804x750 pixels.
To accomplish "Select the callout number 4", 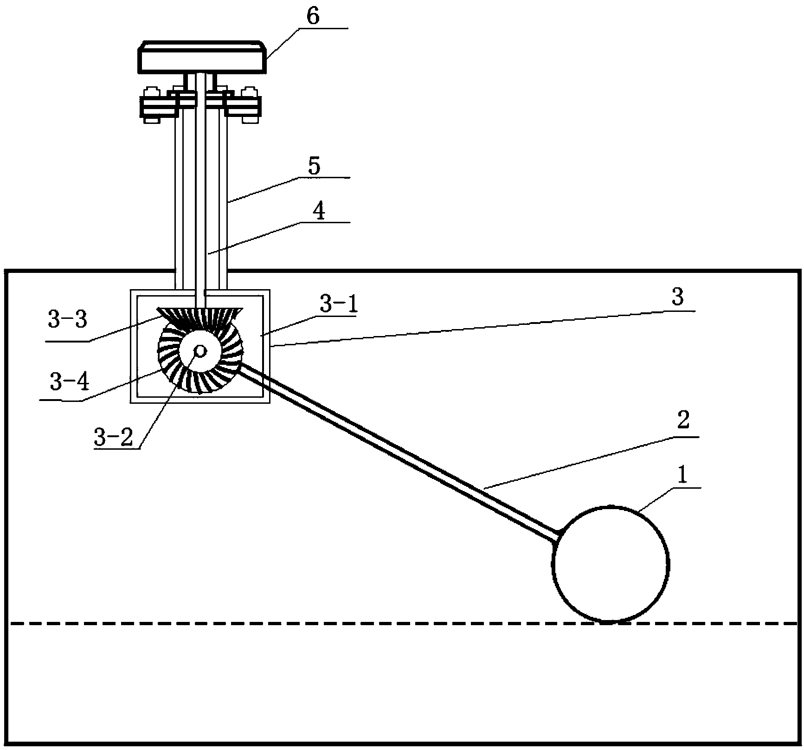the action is pyautogui.click(x=318, y=212).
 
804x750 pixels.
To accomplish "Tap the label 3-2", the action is pyautogui.click(x=113, y=437).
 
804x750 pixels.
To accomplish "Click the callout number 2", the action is pyautogui.click(x=683, y=420).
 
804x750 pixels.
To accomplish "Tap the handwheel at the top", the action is pyautogui.click(x=202, y=58).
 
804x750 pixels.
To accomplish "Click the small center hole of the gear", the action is pyautogui.click(x=201, y=351).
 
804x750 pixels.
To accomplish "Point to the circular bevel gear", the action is pyautogui.click(x=200, y=352).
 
